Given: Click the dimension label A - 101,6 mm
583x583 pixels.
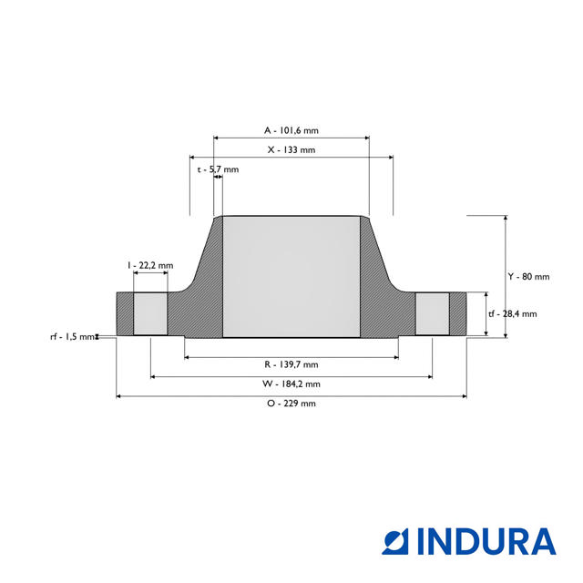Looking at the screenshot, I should coord(291,130).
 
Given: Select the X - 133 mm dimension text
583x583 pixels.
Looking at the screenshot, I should coord(291,149).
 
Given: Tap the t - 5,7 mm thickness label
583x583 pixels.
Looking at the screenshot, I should coord(218,169).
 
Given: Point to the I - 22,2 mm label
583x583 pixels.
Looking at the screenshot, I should coord(150,265).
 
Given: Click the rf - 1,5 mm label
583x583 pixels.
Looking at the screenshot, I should coord(72,337).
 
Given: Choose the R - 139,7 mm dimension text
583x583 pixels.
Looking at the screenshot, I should coord(291,364).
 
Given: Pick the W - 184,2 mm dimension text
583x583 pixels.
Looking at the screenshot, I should coord(291,384).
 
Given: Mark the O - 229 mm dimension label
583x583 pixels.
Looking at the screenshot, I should coord(291,404).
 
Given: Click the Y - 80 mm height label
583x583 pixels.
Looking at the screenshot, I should coord(528,276).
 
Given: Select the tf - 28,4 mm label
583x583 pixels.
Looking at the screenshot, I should coord(512,314).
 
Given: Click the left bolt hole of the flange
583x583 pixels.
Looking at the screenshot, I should coord(150,314).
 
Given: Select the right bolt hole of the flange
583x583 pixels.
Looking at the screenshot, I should coord(433,314).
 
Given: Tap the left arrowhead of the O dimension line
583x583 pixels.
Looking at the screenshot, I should coord(119,396).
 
